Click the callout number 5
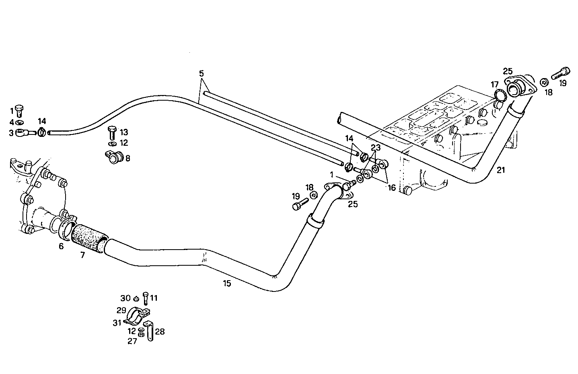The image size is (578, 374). pos(201,73)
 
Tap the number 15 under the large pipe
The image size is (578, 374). pos(227,283)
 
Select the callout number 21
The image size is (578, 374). pos(500,170)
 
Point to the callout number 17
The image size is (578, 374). pos(494,85)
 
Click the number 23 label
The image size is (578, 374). pos(375,148)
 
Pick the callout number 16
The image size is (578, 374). pos(392,188)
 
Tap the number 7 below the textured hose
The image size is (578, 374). pos(82,255)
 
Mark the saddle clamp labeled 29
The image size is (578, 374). pos(136,315)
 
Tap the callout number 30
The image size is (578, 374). pos(125,298)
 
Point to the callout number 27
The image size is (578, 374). pos(132,341)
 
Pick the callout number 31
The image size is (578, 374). pos(117,322)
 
